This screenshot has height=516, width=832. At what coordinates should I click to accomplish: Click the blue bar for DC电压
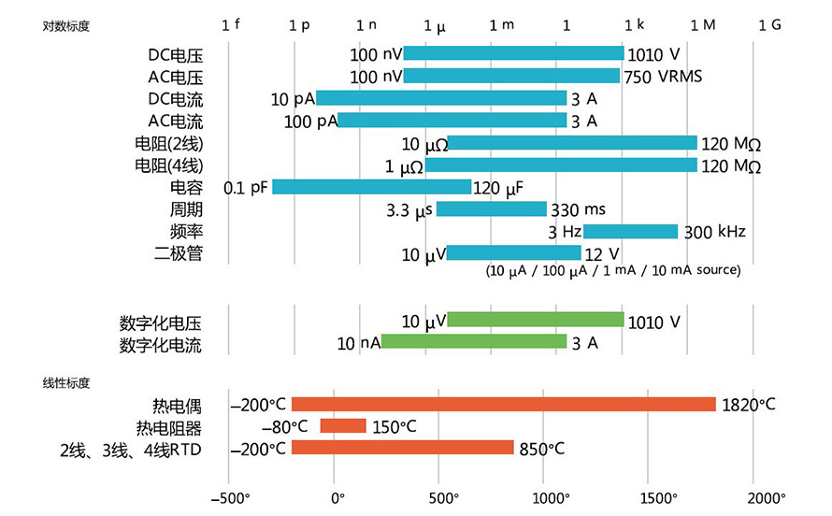[x=513, y=53]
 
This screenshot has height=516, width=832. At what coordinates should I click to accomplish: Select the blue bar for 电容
[x=371, y=187]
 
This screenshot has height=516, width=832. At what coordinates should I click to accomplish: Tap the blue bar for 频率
[x=630, y=232]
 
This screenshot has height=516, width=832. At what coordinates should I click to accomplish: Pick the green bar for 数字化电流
[x=473, y=342]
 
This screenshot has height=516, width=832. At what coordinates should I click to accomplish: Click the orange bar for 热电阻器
[x=343, y=426]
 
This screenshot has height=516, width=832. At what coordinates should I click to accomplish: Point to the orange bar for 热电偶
[x=503, y=404]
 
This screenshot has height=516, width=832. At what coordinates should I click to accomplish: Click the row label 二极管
[x=178, y=253]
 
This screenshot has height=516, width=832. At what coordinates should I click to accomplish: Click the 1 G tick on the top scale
[x=769, y=24]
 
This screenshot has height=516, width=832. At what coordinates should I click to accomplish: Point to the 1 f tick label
[x=231, y=24]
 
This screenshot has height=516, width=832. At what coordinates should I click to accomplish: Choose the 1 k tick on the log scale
[x=635, y=24]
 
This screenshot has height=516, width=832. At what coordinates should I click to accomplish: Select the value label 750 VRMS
[x=661, y=77]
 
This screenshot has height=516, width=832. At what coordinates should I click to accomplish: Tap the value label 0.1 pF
[x=246, y=188]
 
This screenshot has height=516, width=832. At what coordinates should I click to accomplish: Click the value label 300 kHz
[x=714, y=232]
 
